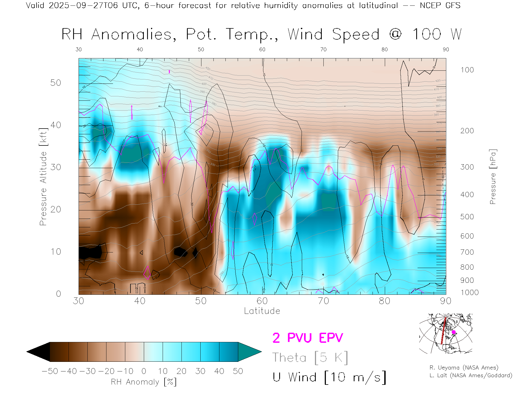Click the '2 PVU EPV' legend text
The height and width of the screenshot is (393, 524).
pyautogui.click(x=308, y=338)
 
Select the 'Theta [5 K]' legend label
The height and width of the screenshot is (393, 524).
pyautogui.click(x=310, y=358)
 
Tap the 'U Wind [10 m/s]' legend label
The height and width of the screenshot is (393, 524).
pyautogui.click(x=329, y=377)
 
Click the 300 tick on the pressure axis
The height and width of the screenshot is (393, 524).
pyautogui.click(x=467, y=167)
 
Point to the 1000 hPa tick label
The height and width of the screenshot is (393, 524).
pyautogui.click(x=469, y=293)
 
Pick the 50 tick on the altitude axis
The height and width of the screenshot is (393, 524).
pyautogui.click(x=55, y=83)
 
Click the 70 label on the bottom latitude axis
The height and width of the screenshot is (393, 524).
pyautogui.click(x=323, y=301)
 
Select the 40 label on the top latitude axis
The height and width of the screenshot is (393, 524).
pyautogui.click(x=140, y=49)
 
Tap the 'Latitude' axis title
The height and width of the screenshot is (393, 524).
pyautogui.click(x=262, y=311)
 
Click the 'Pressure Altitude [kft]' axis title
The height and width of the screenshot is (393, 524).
pyautogui.click(x=43, y=177)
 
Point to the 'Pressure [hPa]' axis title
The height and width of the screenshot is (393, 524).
pyautogui.click(x=493, y=177)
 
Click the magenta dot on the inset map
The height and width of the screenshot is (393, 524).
pyautogui.click(x=454, y=332)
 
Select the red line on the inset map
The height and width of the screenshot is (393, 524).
pyautogui.click(x=443, y=332)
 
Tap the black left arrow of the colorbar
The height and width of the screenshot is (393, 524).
pyautogui.click(x=38, y=352)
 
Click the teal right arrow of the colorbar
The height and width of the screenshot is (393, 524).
pyautogui.click(x=249, y=352)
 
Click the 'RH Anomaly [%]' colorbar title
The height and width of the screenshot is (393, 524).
pyautogui.click(x=144, y=382)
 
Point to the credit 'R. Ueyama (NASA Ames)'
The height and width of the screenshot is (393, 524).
pyautogui.click(x=464, y=368)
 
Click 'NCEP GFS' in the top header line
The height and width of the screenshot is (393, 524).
pyautogui.click(x=440, y=5)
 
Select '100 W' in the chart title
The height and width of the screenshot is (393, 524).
pyautogui.click(x=437, y=34)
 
